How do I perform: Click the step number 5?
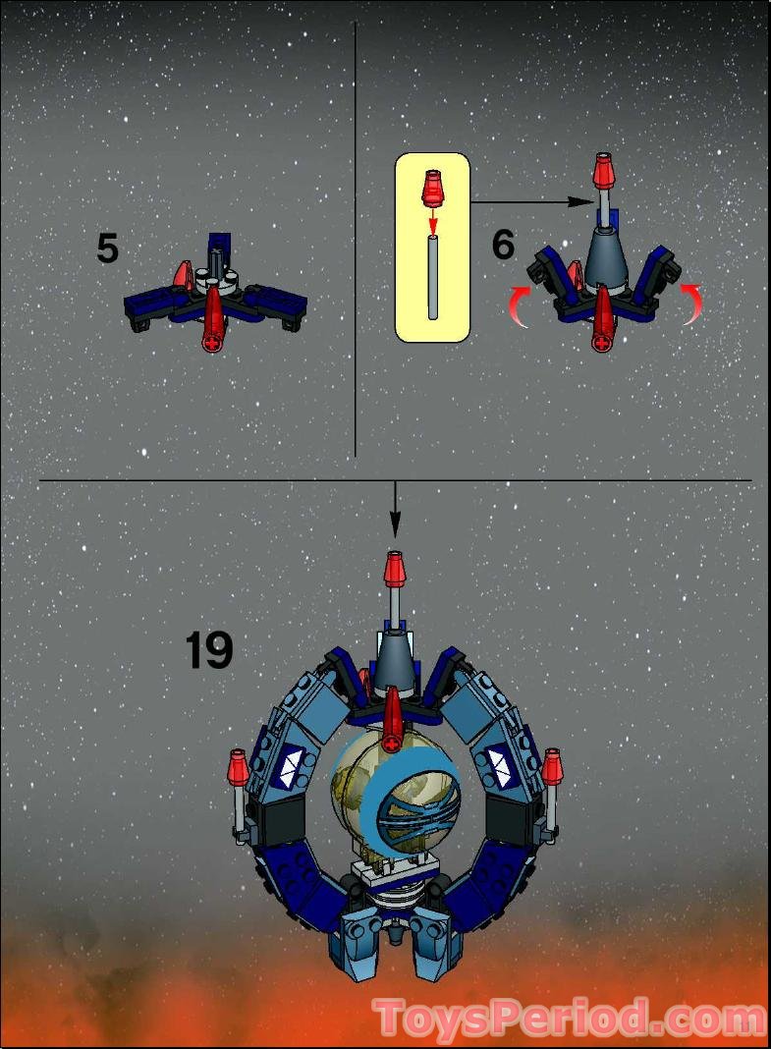107,249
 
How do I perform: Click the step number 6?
503,245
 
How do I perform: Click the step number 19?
209,650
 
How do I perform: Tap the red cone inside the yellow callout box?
432,188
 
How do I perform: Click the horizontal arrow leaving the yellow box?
531,202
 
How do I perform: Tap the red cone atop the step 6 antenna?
604,173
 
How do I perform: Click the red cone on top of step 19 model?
395,569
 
